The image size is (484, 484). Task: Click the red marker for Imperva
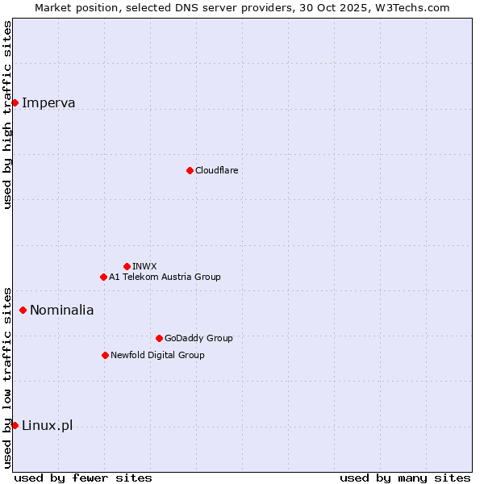pyautogui.click(x=15, y=102)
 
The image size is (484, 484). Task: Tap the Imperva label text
pyautogui.click(x=48, y=102)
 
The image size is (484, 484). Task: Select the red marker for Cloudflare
pyautogui.click(x=190, y=170)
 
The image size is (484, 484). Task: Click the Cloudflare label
pyautogui.click(x=216, y=170)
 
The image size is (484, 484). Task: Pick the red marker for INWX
pyautogui.click(x=127, y=266)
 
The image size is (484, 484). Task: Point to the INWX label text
pyautogui.click(x=144, y=266)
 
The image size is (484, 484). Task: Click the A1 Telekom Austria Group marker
pyautogui.click(x=103, y=277)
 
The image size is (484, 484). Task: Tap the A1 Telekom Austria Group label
pyautogui.click(x=165, y=277)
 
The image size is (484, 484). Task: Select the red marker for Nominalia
pyautogui.click(x=23, y=310)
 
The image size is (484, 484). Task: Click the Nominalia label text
pyautogui.click(x=61, y=310)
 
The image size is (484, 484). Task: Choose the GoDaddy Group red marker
pyautogui.click(x=159, y=338)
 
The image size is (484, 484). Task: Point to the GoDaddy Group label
pyautogui.click(x=198, y=338)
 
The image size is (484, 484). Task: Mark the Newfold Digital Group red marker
pyautogui.click(x=105, y=355)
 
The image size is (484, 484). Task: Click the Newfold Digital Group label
pyautogui.click(x=157, y=355)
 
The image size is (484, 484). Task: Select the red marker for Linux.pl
pyautogui.click(x=15, y=425)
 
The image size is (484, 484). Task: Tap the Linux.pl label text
pyautogui.click(x=47, y=425)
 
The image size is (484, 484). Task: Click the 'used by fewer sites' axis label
pyautogui.click(x=83, y=478)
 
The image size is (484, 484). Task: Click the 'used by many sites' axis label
pyautogui.click(x=405, y=478)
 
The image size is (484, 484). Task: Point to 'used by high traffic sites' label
pyautogui.click(x=7, y=115)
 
